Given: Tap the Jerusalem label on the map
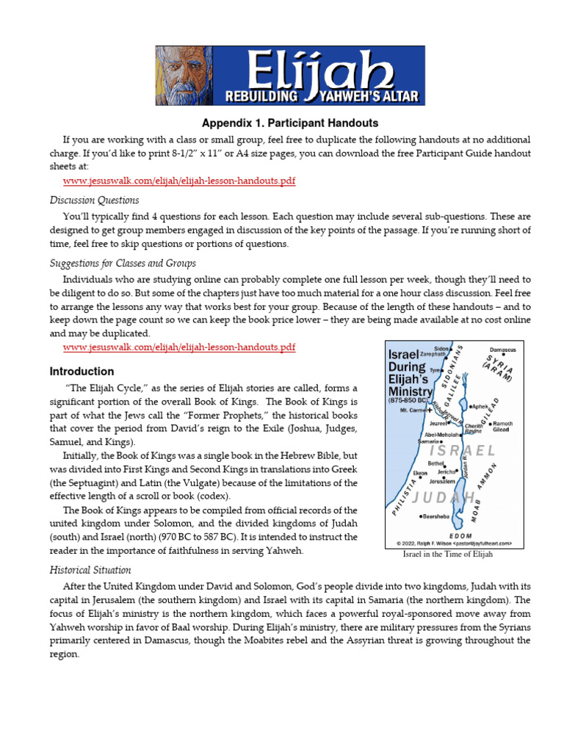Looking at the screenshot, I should tap(446, 481).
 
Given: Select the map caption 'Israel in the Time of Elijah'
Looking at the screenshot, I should tap(447, 554).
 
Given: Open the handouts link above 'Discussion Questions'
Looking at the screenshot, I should tap(179, 181).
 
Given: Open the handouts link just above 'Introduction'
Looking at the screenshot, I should tap(179, 347).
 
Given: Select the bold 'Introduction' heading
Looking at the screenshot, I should tap(82, 372).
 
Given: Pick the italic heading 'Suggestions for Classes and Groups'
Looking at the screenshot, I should tap(123, 263).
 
